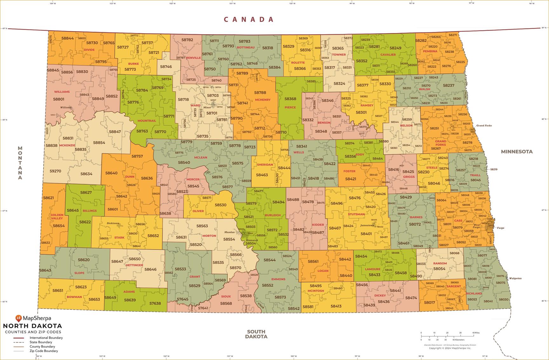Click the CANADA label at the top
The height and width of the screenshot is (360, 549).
[248, 19]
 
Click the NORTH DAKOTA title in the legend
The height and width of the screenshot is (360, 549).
[32, 326]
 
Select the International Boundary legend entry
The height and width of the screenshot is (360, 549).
[46, 338]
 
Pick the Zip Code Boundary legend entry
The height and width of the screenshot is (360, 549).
[44, 351]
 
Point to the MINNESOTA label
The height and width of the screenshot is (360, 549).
[517, 152]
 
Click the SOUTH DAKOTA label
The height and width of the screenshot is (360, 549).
[256, 334]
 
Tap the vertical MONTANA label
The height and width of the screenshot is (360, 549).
[20, 163]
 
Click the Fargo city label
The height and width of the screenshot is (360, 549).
[500, 228]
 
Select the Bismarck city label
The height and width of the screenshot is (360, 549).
[252, 240]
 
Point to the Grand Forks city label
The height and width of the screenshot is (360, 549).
[484, 126]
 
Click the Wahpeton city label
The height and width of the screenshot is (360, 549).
[515, 278]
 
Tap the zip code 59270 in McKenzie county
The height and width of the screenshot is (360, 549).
[55, 171]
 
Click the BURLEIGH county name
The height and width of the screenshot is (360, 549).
[273, 215]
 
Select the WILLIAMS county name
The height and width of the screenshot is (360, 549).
[62, 92]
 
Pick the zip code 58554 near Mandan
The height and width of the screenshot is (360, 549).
[229, 239]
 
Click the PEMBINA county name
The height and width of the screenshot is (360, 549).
[430, 51]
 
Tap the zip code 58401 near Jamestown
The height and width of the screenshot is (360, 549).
[366, 234]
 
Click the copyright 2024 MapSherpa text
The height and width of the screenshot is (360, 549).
[450, 348]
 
